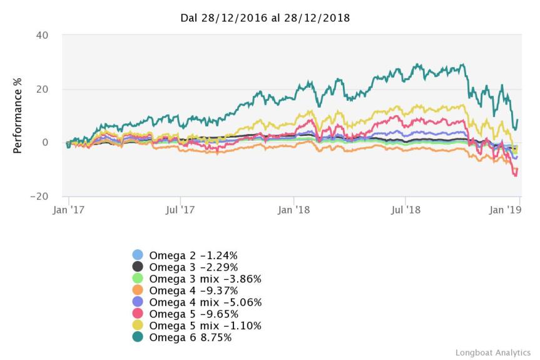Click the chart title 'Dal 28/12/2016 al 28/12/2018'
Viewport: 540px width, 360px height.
click(x=265, y=18)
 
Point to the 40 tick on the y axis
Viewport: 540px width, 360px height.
click(x=42, y=35)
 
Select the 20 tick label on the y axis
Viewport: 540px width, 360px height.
click(x=42, y=89)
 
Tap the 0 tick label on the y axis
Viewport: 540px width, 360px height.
click(x=45, y=143)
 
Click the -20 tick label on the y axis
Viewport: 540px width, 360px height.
click(x=39, y=197)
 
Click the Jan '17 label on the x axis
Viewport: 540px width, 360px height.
click(x=68, y=210)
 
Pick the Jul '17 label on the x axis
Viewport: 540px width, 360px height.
click(x=180, y=210)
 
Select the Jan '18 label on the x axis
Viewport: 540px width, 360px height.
click(x=294, y=210)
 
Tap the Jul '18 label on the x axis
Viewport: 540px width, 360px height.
click(x=406, y=210)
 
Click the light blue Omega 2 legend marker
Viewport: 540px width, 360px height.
click(x=138, y=255)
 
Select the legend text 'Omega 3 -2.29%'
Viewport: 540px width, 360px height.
click(x=193, y=267)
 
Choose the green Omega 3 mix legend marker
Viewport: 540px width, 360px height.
click(x=138, y=279)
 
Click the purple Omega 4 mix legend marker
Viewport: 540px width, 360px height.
click(x=138, y=302)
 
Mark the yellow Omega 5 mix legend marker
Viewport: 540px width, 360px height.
click(x=138, y=326)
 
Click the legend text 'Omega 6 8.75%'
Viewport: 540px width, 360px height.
click(x=190, y=337)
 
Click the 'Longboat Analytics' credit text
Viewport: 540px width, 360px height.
click(x=493, y=352)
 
